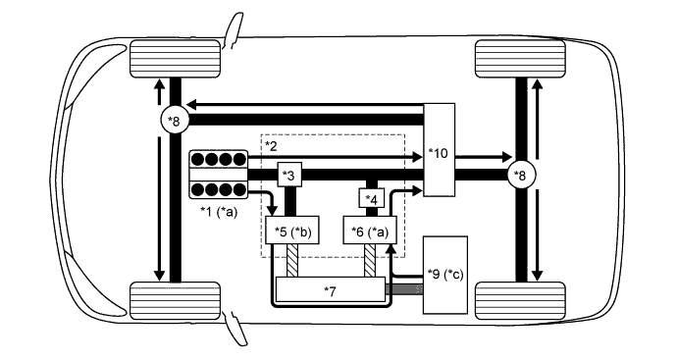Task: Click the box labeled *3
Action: click(x=289, y=175)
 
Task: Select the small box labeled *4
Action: click(x=372, y=200)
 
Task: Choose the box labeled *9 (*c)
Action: click(x=445, y=275)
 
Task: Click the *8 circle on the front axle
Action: click(x=174, y=121)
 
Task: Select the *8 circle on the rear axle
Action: click(x=519, y=176)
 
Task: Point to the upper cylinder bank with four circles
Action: click(x=218, y=160)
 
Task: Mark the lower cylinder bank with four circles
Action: click(x=218, y=188)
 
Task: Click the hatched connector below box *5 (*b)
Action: click(x=293, y=262)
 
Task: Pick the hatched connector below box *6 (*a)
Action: click(x=372, y=262)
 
